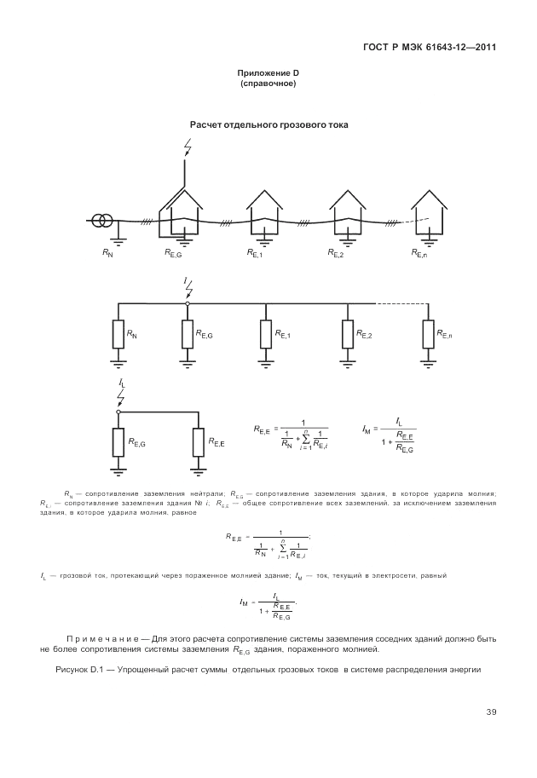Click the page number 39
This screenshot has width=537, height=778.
[x=491, y=712]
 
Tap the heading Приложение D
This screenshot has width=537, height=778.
[x=268, y=75]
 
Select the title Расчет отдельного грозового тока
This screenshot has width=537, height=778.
[x=268, y=124]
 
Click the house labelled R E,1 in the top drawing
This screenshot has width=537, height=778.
[x=265, y=210]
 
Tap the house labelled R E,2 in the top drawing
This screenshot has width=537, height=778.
[x=347, y=210]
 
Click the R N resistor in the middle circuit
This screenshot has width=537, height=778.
[x=118, y=334]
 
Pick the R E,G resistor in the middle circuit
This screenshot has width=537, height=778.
[x=188, y=334]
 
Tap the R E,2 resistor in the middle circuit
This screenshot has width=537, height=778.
[x=348, y=334]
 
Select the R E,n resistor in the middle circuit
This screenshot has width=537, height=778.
[x=428, y=334]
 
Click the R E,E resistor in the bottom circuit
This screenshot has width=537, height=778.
[x=199, y=442]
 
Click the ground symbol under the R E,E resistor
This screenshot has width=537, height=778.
[x=199, y=470]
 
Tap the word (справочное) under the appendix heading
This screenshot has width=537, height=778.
[x=268, y=84]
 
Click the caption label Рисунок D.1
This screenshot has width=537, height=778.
[x=78, y=669]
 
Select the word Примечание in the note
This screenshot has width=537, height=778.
[x=101, y=638]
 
